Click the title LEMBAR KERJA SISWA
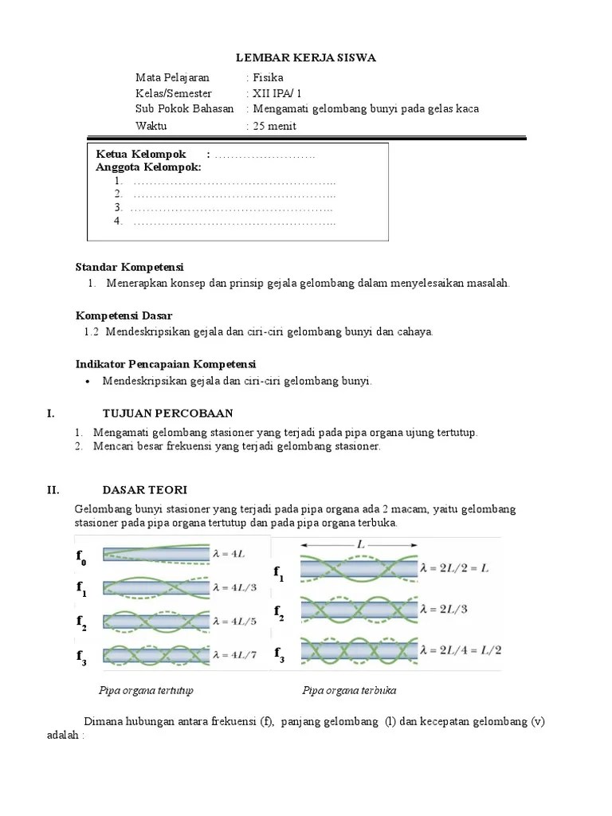tap(307, 58)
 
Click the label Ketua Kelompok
tap(141, 154)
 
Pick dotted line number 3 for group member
tap(232, 208)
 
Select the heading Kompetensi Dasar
tap(124, 316)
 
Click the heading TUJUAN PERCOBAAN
tap(167, 413)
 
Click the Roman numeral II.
tap(53, 489)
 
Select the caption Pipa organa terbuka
tap(349, 690)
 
